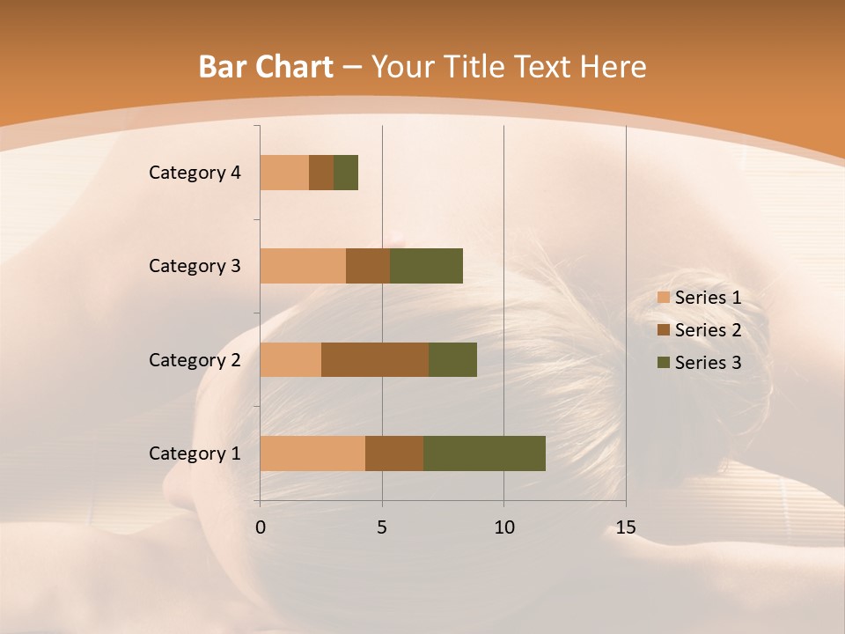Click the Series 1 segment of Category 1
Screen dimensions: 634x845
312,453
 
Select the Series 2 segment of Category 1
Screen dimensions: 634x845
394,453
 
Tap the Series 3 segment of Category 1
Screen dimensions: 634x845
484,453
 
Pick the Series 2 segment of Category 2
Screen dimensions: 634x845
375,359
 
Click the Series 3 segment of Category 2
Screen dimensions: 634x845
452,359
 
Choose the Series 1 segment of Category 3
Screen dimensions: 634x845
303,266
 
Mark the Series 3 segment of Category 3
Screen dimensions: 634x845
426,266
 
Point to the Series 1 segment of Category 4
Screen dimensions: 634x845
284,173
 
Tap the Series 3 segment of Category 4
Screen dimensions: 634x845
346,173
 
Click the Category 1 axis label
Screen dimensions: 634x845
195,453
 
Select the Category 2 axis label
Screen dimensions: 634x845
195,359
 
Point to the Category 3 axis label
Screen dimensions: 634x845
195,266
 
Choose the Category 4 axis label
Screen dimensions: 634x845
195,173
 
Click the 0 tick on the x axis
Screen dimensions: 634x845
261,527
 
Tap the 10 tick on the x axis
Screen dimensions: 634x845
503,527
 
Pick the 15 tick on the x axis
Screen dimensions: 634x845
626,527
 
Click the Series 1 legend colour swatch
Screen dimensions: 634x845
663,298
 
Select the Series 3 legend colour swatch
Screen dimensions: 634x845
663,363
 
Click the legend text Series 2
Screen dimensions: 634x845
708,330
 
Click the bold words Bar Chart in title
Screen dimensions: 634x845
266,67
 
